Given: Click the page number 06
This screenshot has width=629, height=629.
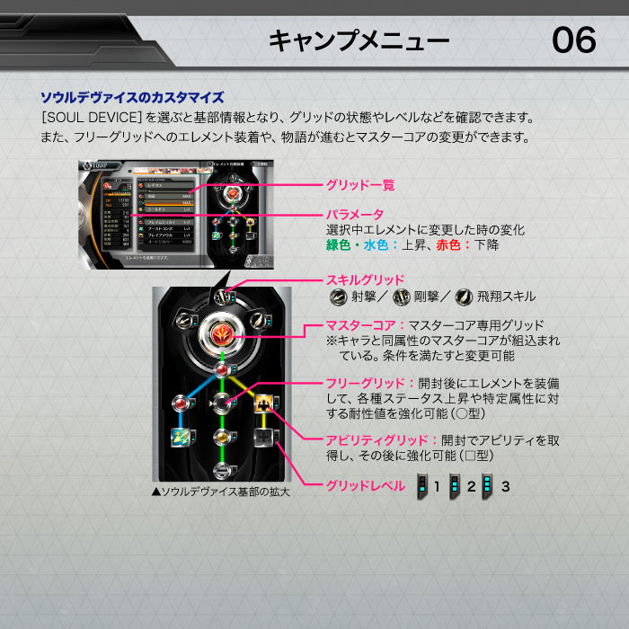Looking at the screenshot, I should click(x=573, y=40).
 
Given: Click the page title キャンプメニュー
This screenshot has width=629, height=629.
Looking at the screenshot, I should click(x=359, y=40).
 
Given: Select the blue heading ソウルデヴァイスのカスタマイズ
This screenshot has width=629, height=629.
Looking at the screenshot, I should click(x=132, y=97).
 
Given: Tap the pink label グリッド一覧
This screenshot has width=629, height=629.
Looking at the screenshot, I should click(x=359, y=185).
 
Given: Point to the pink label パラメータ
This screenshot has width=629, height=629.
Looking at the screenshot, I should click(x=354, y=215).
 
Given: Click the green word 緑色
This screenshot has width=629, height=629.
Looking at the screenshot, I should click(x=340, y=244).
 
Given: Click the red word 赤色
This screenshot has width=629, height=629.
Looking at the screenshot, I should click(x=450, y=244).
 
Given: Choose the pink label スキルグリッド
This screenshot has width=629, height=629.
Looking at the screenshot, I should click(x=363, y=279).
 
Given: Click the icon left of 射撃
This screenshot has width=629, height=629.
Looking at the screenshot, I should click(x=339, y=297).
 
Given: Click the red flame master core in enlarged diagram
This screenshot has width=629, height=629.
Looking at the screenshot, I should click(x=221, y=335).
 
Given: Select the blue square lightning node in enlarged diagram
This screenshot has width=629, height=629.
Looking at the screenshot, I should click(x=179, y=436).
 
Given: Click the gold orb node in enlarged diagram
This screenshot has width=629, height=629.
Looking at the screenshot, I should click(x=221, y=436).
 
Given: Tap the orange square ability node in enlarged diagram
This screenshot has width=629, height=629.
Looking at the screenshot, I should click(x=263, y=402).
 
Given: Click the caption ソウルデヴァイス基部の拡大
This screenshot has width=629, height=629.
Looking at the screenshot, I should click(x=221, y=492).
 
